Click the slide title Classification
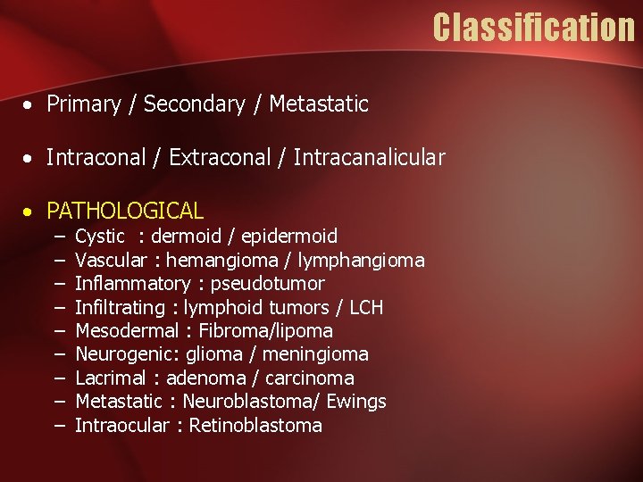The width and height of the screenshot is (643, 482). (533, 28)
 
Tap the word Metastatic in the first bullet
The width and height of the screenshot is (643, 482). (319, 104)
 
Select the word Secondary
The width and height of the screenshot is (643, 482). (194, 104)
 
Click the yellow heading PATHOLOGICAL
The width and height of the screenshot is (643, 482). (125, 212)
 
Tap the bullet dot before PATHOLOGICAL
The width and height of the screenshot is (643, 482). (29, 212)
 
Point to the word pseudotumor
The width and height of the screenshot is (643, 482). (267, 284)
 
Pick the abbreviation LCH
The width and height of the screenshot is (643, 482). (365, 308)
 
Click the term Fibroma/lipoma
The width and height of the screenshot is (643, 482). (265, 331)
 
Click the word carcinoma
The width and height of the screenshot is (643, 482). (309, 378)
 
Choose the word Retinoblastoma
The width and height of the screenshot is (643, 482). (255, 426)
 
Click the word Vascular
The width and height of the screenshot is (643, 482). (111, 261)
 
